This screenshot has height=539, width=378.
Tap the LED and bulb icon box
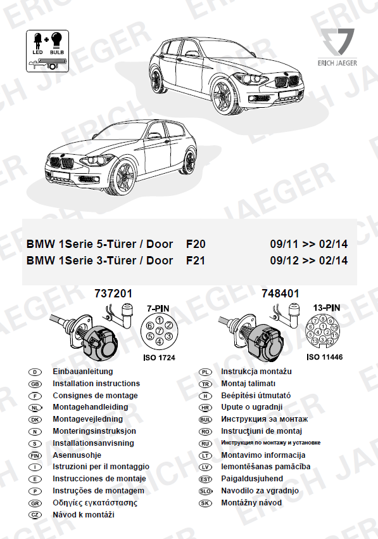(x=47, y=51)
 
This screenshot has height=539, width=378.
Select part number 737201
(x=113, y=294)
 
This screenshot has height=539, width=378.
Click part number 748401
(x=280, y=294)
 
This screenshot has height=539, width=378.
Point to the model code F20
(x=196, y=244)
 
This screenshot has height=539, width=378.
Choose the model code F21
(x=196, y=261)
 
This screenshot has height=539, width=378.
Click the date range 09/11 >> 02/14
(x=308, y=244)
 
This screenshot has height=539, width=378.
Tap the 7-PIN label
(x=158, y=308)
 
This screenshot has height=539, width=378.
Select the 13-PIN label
(x=327, y=308)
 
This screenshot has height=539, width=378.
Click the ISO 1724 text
(x=159, y=358)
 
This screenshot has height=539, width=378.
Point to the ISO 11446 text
(x=324, y=357)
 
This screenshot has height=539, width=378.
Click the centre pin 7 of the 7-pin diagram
(x=160, y=330)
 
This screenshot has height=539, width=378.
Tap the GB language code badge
(x=35, y=384)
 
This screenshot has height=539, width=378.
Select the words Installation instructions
(x=96, y=383)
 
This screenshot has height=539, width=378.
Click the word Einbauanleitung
(x=83, y=371)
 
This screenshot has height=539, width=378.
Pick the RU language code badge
(x=205, y=443)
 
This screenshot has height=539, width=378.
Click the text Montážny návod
(x=251, y=503)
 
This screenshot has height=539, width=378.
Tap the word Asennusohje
(x=77, y=455)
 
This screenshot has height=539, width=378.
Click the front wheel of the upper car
(x=222, y=96)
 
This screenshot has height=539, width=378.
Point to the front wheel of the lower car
(x=123, y=178)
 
